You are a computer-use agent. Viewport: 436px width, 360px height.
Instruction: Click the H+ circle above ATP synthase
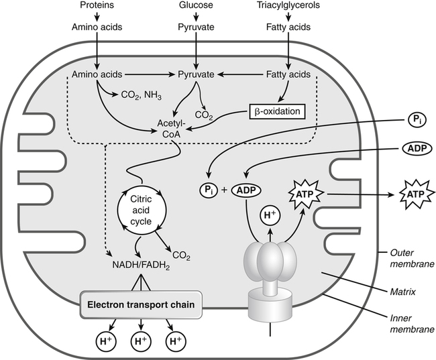[270, 217]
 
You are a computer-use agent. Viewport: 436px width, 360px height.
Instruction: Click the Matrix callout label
[404, 293]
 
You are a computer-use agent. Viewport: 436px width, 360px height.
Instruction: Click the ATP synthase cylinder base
[269, 307]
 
